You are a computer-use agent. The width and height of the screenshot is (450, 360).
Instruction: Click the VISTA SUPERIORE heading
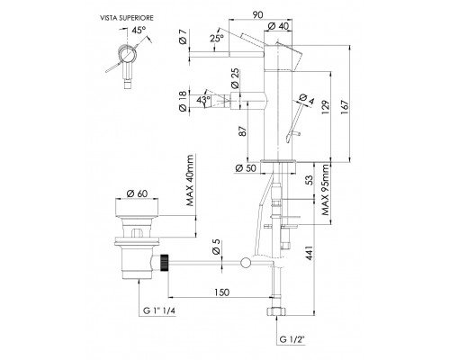click(x=127, y=18)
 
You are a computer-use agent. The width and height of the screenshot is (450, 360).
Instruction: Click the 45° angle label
click(x=139, y=31)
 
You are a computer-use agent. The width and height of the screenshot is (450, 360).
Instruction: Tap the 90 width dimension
click(x=257, y=14)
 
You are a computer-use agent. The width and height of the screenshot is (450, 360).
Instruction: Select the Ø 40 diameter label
click(x=278, y=26)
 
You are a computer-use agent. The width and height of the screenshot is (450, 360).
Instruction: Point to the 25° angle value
click(x=217, y=39)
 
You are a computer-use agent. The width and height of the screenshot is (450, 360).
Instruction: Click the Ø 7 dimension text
click(x=184, y=37)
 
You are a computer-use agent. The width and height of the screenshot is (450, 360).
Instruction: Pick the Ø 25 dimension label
click(x=235, y=78)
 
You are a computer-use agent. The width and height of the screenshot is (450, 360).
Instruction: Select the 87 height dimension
click(x=243, y=130)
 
